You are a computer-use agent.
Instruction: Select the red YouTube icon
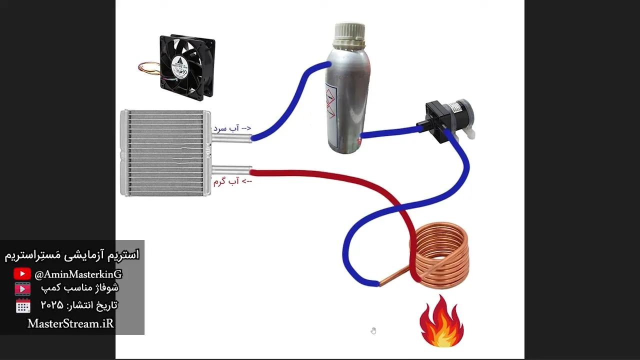pos(22,274)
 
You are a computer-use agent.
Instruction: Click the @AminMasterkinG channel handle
pos(78,274)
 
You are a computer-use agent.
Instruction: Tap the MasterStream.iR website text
pos(70,323)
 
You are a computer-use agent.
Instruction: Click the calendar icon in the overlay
pos(23,306)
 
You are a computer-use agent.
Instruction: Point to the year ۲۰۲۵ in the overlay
pos(51,305)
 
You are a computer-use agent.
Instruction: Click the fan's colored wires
pos(148,69)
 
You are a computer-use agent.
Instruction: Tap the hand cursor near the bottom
pos(373,331)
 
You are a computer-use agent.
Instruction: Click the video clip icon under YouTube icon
pos(22,289)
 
